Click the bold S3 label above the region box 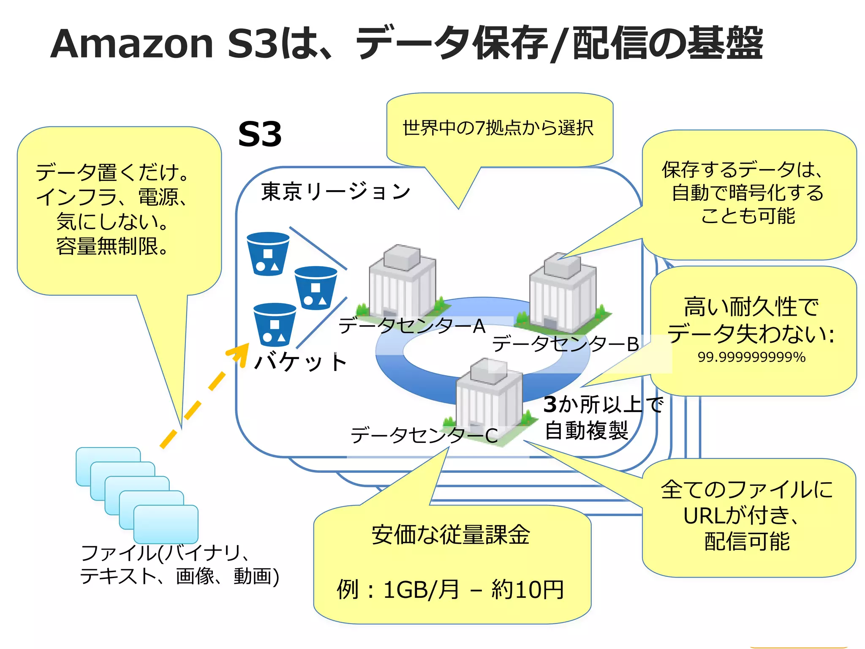[259, 134]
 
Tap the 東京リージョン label [336, 191]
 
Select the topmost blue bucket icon [268, 254]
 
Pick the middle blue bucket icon [316, 288]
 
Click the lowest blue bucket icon [275, 324]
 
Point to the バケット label [301, 363]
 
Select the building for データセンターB [563, 294]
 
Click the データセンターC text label [424, 435]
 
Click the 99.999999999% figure [751, 357]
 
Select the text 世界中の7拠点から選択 [498, 128]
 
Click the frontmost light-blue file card [166, 524]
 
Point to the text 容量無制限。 [112, 246]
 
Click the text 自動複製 [587, 431]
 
